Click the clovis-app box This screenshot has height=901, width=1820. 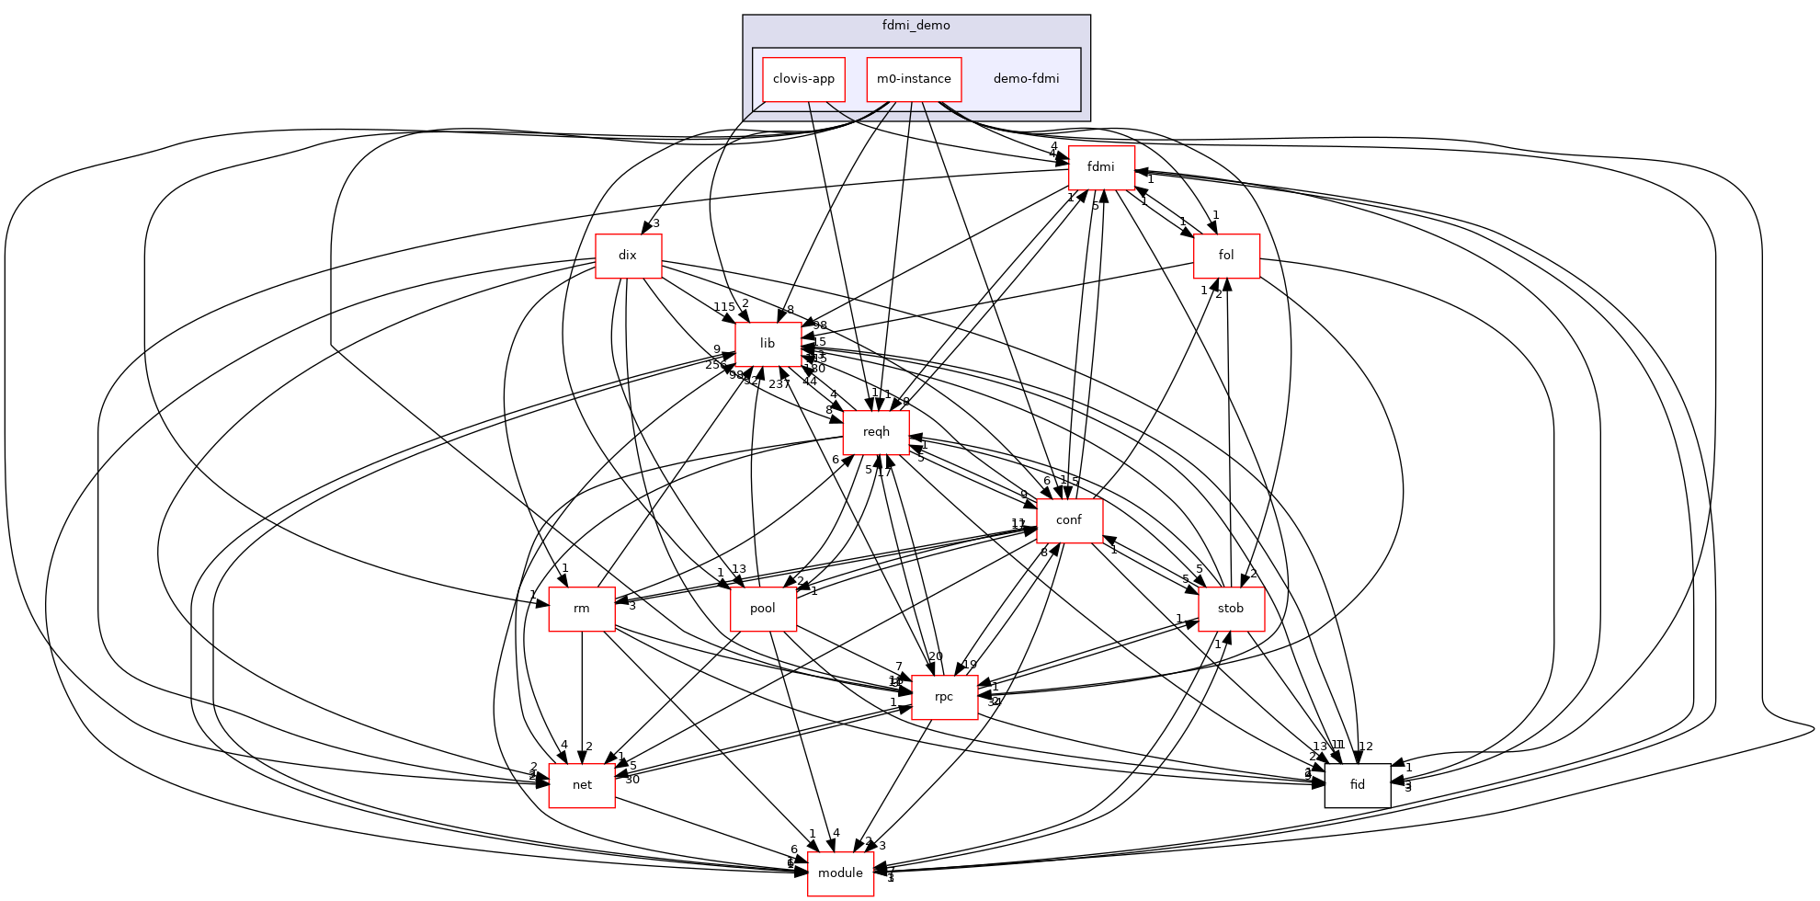(x=803, y=79)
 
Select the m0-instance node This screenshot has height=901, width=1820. (x=914, y=79)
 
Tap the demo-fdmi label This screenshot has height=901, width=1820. (x=1026, y=79)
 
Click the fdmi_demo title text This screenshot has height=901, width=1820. (x=916, y=26)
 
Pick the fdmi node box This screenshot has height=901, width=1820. (x=1100, y=167)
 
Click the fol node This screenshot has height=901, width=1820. (x=1225, y=256)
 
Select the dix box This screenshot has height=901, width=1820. (x=628, y=256)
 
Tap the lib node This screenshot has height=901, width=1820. (x=767, y=344)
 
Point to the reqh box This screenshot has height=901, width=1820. (x=876, y=432)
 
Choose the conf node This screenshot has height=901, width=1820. (x=1069, y=520)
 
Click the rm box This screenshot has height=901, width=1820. (x=581, y=609)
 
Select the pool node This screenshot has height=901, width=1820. (x=763, y=609)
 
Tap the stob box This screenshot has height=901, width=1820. (x=1231, y=609)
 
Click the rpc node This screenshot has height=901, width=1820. (x=944, y=697)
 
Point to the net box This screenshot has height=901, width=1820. (x=581, y=785)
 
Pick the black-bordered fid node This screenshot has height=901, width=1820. (x=1357, y=785)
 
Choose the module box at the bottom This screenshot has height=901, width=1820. (x=840, y=873)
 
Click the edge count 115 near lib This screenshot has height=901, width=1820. (x=723, y=307)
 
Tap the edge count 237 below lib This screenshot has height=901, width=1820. (x=779, y=383)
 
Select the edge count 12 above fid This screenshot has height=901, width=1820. (x=1365, y=747)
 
